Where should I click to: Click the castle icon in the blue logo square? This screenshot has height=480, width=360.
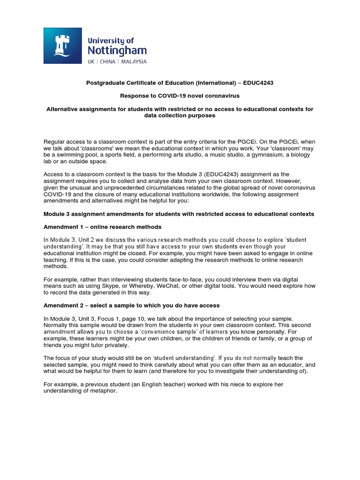[x=63, y=45]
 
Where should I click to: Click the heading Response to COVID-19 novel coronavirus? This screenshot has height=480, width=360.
[x=180, y=96]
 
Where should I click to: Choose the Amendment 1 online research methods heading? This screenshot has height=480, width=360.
[x=102, y=227]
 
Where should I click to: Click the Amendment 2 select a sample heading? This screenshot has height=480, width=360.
[x=131, y=306]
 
